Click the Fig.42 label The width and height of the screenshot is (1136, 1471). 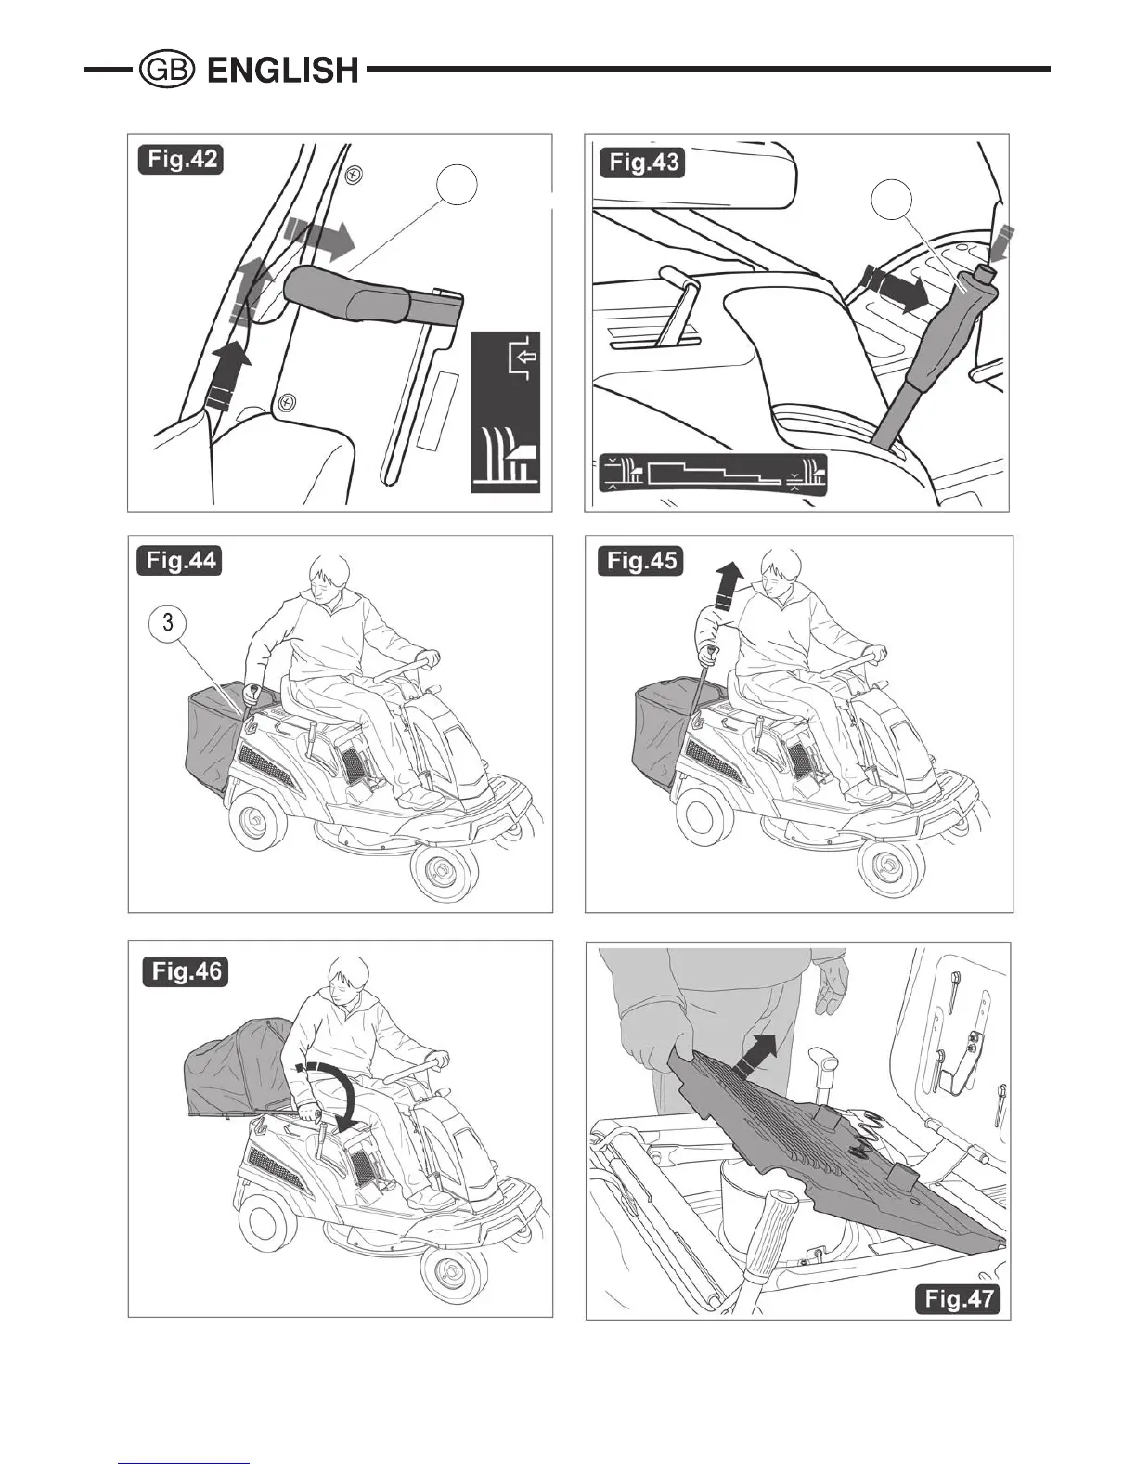(182, 160)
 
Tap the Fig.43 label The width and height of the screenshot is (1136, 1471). (643, 163)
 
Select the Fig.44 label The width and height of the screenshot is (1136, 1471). (182, 562)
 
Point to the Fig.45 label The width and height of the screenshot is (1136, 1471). (641, 561)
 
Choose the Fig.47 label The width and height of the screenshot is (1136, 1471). (958, 1297)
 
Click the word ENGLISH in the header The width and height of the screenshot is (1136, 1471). (283, 71)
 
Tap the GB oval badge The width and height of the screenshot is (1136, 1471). (166, 71)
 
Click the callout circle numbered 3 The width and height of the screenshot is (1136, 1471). (168, 622)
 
